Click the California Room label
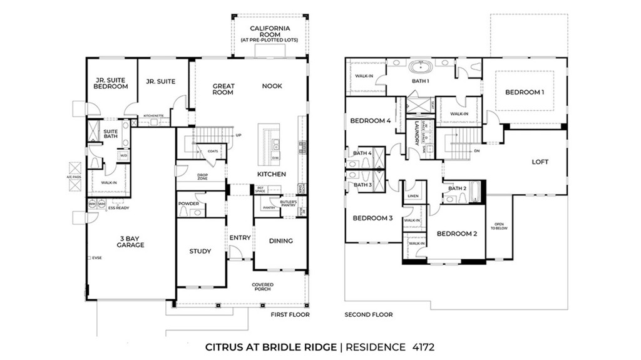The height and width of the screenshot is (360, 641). [x=270, y=31]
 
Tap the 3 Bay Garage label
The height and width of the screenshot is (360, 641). [x=130, y=241]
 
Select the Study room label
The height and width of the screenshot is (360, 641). [x=200, y=252]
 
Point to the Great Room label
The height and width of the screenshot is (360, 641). [x=223, y=89]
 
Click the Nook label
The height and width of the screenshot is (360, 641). [x=272, y=86]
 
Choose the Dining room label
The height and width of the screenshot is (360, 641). [x=280, y=240]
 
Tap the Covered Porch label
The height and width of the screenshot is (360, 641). [x=263, y=287]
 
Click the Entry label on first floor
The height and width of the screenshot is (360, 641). [x=240, y=238]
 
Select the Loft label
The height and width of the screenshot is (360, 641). [x=540, y=162]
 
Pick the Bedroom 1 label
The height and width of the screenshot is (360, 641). [x=525, y=92]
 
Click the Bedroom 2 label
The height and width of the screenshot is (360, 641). [x=457, y=234]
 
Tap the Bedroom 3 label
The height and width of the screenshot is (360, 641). [x=372, y=218]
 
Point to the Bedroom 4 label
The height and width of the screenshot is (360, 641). [x=370, y=121]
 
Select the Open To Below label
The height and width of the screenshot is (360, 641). [x=499, y=227]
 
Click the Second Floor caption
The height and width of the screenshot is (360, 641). [x=369, y=314]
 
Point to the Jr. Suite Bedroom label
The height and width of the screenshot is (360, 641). [x=111, y=83]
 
